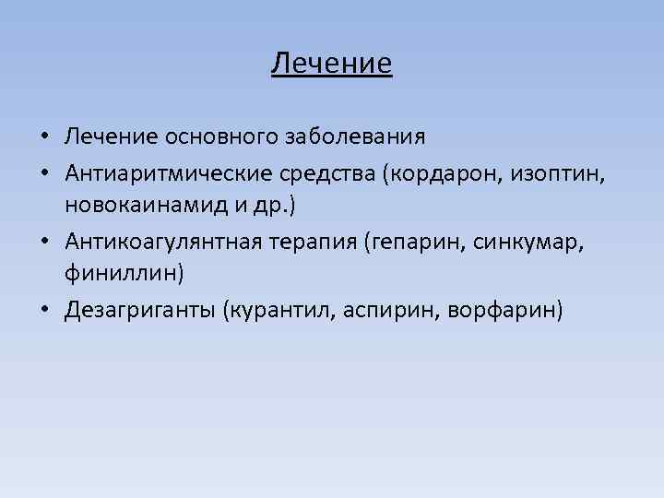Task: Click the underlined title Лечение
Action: pyautogui.click(x=332, y=64)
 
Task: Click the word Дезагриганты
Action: pyautogui.click(x=139, y=310)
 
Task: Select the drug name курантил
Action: pyautogui.click(x=282, y=310)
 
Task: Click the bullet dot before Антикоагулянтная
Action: pyautogui.click(x=44, y=242)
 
